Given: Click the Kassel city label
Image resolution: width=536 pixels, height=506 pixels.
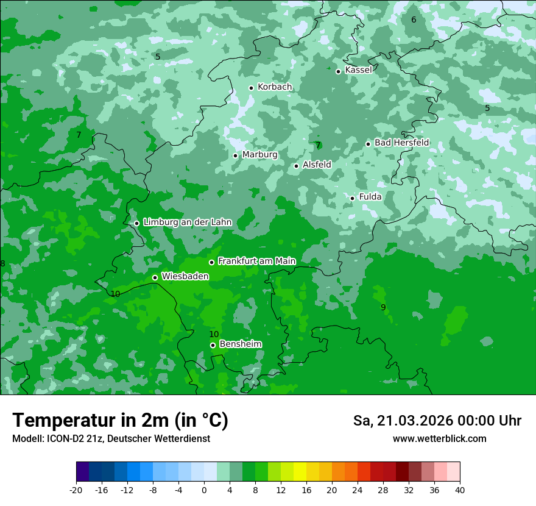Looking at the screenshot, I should click(x=358, y=70).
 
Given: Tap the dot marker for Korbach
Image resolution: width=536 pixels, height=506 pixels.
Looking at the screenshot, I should click(x=251, y=88).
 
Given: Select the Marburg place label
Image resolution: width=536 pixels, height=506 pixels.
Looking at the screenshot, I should click(x=259, y=155).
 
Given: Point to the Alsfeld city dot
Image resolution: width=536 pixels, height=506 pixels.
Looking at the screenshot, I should click(x=297, y=166).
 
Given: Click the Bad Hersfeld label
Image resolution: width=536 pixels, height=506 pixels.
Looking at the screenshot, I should click(x=401, y=143).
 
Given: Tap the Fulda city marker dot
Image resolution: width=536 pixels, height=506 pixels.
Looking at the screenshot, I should click(x=352, y=198).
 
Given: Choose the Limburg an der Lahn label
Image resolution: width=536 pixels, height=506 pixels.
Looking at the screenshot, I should click(x=187, y=223).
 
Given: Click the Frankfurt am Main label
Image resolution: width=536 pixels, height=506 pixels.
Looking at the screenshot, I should click(x=256, y=261).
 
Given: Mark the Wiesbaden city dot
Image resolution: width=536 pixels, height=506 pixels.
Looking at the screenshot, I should click(x=155, y=277).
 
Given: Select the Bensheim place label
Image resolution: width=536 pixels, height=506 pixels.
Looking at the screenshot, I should click(x=240, y=344).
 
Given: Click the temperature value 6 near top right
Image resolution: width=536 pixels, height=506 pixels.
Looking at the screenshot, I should click(x=414, y=20).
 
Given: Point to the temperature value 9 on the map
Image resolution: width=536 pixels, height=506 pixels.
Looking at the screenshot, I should click(x=383, y=307).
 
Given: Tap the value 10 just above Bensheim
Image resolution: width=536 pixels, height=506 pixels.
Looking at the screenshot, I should click(x=214, y=334).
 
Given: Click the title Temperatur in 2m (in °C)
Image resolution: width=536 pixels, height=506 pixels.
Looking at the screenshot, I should click(x=120, y=420).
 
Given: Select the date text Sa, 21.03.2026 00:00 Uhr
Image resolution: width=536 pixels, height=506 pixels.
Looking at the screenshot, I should click(x=437, y=421).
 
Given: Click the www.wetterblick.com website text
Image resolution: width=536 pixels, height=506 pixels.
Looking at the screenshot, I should click(x=439, y=439).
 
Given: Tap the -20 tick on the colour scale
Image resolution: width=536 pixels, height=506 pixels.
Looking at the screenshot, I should click(x=76, y=490).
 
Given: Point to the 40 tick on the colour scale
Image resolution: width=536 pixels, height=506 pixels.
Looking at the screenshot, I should click(x=460, y=490).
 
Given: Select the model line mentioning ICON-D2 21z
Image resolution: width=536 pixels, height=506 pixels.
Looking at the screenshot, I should click(x=111, y=439).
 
